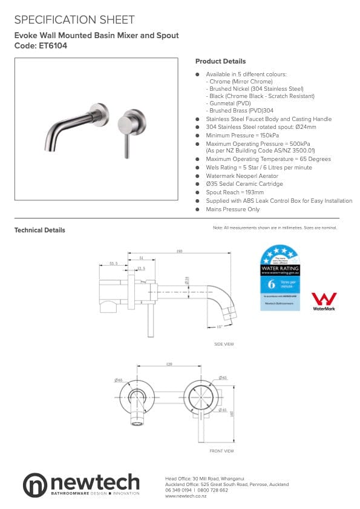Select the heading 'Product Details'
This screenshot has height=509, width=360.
point(220,61)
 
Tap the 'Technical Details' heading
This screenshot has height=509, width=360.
point(40,230)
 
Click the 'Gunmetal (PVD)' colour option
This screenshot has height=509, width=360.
point(231,103)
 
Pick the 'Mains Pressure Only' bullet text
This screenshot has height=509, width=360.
point(233,209)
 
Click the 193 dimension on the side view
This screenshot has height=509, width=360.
point(180,251)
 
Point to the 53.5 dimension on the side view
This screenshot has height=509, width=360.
point(113,263)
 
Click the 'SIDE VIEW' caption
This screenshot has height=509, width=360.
point(223,344)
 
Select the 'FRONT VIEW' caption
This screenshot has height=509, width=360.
point(221,451)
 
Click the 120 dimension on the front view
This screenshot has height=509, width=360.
point(169,364)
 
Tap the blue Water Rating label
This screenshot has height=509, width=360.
point(280,278)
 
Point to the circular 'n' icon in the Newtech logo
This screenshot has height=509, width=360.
point(35,485)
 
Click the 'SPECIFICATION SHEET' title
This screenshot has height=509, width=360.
point(74,20)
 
